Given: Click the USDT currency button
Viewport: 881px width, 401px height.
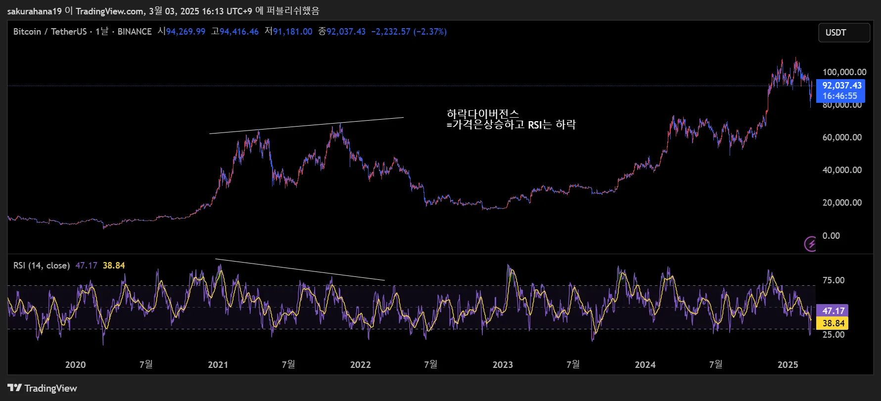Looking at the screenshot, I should pos(843,33).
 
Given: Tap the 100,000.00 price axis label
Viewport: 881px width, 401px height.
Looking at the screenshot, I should pos(844,72).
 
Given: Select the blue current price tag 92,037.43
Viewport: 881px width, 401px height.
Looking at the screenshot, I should pos(840,86).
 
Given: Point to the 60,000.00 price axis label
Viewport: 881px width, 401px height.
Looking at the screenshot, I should pos(842,137).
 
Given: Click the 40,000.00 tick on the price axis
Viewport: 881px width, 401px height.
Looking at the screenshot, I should pos(842,170).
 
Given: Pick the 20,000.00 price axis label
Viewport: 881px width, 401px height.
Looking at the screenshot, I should pos(842,203).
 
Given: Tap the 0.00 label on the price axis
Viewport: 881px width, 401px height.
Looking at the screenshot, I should pos(831,236).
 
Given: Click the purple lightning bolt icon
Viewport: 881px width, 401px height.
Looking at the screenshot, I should pos(810,244).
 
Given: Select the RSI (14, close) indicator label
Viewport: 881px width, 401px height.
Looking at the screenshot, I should pos(42,266).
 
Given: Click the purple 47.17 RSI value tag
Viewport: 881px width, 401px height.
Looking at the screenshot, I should pos(833,311).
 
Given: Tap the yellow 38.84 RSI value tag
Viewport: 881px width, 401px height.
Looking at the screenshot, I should pos(833,323).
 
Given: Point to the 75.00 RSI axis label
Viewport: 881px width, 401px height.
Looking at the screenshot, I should pos(833,280).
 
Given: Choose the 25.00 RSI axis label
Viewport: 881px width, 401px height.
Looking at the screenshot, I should pos(833,335).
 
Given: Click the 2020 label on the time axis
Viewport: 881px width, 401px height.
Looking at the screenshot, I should pos(75,365).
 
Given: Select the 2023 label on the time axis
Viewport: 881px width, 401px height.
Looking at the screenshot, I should pos(503,365).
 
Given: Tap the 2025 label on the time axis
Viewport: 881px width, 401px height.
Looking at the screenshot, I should pos(788,365).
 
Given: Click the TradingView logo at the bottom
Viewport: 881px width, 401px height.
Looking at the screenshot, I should pos(43,388).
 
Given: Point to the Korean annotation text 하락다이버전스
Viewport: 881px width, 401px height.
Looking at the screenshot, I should pos(483,114).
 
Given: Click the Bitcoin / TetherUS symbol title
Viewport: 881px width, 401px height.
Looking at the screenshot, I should pos(49,32).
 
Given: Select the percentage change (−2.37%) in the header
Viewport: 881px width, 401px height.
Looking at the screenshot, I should pos(430,32).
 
